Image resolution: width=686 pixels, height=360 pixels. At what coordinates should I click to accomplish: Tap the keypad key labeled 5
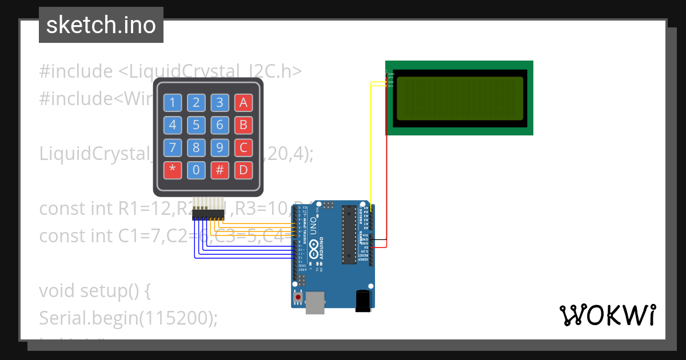click(196, 125)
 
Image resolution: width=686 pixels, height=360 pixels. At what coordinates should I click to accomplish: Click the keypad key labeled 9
click(220, 147)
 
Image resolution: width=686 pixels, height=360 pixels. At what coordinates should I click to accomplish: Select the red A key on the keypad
click(243, 103)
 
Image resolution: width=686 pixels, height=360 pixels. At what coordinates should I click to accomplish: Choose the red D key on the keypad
click(243, 170)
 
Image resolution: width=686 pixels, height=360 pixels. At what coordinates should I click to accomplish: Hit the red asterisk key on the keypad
click(173, 170)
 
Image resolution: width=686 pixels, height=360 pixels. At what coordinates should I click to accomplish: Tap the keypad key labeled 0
click(196, 170)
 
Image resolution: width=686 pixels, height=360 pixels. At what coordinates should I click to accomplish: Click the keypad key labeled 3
click(220, 103)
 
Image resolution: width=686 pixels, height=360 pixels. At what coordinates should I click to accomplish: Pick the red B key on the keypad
click(243, 125)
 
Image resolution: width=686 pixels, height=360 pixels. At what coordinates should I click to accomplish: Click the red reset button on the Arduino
click(297, 297)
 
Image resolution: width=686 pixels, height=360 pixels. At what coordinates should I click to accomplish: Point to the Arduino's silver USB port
click(315, 302)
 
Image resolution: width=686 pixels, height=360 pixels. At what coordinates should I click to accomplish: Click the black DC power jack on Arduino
click(362, 301)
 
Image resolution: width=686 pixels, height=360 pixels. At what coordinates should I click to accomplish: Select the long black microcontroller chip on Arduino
click(348, 235)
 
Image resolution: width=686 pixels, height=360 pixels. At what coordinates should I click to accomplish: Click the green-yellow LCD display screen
click(459, 98)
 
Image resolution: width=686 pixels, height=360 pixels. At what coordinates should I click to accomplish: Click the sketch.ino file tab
click(101, 25)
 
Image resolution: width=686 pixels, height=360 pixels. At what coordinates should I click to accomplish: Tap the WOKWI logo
click(607, 315)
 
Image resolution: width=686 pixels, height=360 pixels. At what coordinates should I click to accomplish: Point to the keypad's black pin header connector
click(208, 214)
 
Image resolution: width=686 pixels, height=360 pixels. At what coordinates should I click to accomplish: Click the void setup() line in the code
click(95, 290)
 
